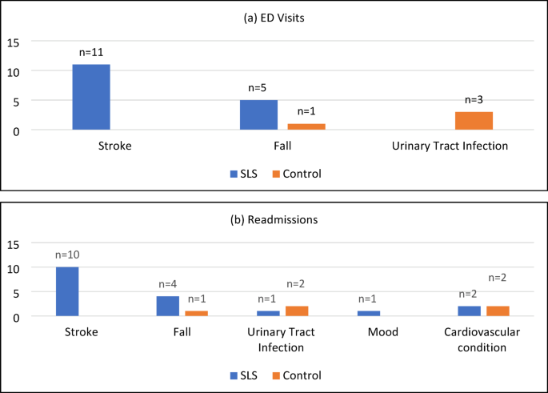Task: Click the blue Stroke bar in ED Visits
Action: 91,97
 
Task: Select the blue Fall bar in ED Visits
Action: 258,114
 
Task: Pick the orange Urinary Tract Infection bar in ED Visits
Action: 474,121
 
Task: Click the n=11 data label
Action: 92,53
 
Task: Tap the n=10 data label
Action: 67,255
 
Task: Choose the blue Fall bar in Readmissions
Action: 168,306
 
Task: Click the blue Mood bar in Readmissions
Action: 369,313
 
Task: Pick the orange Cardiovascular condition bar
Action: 498,311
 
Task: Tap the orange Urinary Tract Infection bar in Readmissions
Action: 296,311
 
